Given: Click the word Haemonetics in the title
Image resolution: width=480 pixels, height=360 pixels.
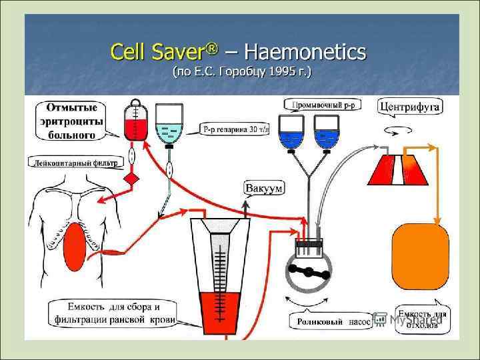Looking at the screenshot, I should click(x=307, y=51).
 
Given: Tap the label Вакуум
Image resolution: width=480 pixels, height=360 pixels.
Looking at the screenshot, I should click(x=263, y=188).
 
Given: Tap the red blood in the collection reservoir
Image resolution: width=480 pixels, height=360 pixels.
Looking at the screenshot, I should click(x=219, y=307).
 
